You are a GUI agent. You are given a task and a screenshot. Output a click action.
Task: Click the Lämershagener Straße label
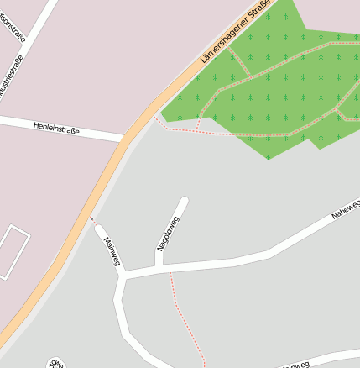pos(236,34)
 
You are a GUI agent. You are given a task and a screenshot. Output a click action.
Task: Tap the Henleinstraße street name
pos(56,128)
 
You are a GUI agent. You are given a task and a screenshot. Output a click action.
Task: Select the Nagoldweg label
pos(169,234)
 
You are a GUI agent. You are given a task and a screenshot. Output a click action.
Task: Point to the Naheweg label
pos(345,208)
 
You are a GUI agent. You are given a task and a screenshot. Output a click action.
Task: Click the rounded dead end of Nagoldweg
pos(183,201)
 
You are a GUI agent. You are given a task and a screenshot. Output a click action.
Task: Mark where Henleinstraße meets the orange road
pos(124,139)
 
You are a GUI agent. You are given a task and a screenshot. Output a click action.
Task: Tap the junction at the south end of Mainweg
pos(123,275)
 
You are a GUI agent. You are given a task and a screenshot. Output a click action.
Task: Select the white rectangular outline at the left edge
pos(13,251)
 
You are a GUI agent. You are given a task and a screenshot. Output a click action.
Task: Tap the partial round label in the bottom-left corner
pos(56,363)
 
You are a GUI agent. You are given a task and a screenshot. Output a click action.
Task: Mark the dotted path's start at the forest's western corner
pos(154,116)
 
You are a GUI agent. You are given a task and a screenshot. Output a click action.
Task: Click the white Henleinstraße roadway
pos(92,133)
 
